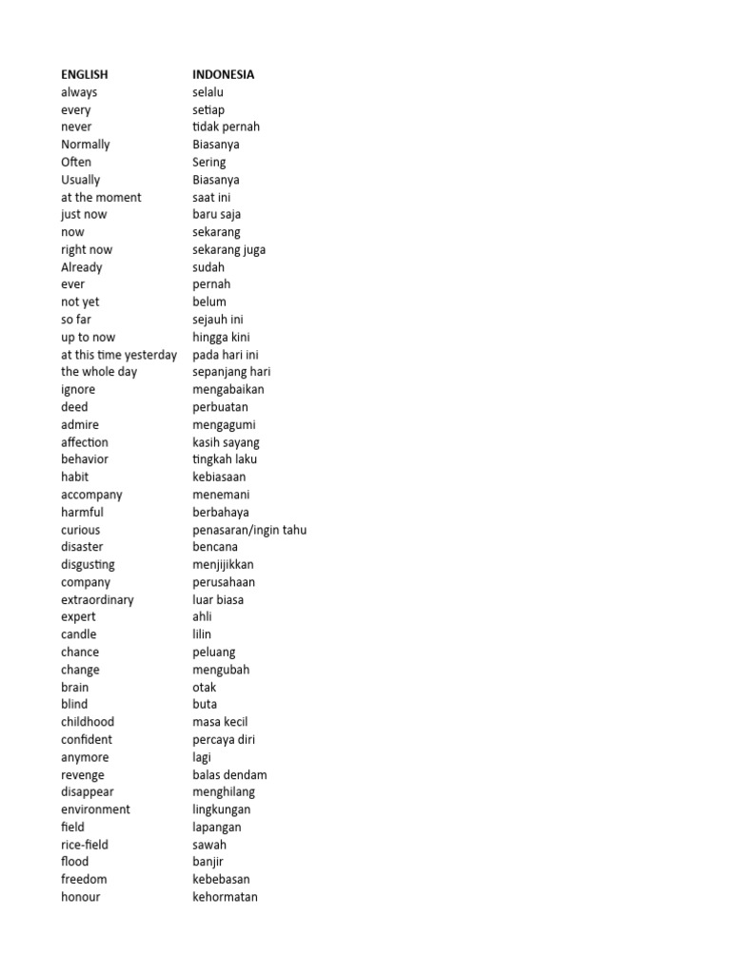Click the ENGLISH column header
(x=85, y=74)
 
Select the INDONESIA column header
(x=224, y=74)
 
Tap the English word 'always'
(x=79, y=92)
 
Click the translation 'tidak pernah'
(x=226, y=127)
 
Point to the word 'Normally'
(x=86, y=145)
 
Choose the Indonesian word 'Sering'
(x=209, y=162)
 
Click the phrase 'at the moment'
(x=101, y=197)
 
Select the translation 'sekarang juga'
(x=229, y=249)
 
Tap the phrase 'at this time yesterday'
(x=119, y=355)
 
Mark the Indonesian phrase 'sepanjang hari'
(x=231, y=372)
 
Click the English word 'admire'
(x=80, y=424)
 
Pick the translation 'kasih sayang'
(x=226, y=442)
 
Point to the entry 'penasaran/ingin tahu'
(x=249, y=530)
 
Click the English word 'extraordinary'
(x=97, y=599)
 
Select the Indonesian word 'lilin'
(x=202, y=634)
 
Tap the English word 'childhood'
(x=88, y=722)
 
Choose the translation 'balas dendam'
(x=229, y=774)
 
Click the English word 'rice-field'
(x=85, y=845)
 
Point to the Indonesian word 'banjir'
(x=208, y=862)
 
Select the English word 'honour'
(x=81, y=897)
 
